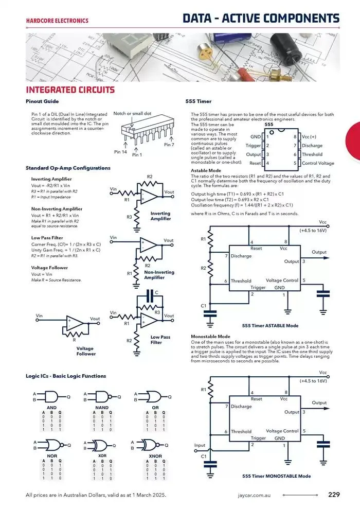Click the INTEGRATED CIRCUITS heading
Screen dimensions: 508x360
coord(70,90)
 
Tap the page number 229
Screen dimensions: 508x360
coord(334,495)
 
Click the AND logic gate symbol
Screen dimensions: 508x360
coord(52,396)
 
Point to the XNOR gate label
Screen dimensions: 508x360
coord(155,456)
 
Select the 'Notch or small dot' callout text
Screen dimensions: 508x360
coord(132,113)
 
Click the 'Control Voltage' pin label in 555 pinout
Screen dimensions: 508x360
coord(317,163)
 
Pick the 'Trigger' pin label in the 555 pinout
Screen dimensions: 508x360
coord(253,146)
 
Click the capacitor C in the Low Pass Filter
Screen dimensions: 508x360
coord(150,293)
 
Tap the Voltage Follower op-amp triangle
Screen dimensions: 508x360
coord(75,323)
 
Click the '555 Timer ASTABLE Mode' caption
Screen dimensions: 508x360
coord(270,326)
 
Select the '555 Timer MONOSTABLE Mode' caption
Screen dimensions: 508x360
coord(276,476)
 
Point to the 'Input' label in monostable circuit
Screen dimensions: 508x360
coord(200,445)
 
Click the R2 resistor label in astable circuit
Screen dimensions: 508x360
coord(203,268)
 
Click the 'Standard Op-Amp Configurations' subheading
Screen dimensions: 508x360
coord(68,168)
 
